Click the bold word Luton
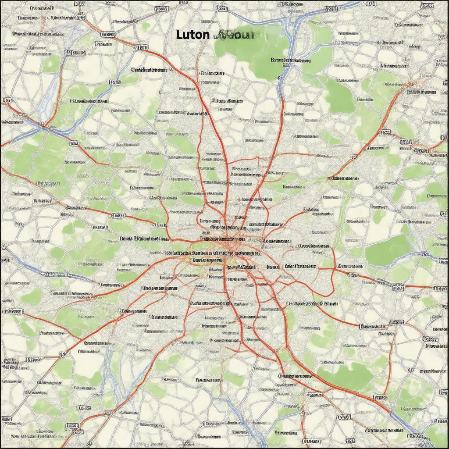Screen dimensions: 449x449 [192, 35]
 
